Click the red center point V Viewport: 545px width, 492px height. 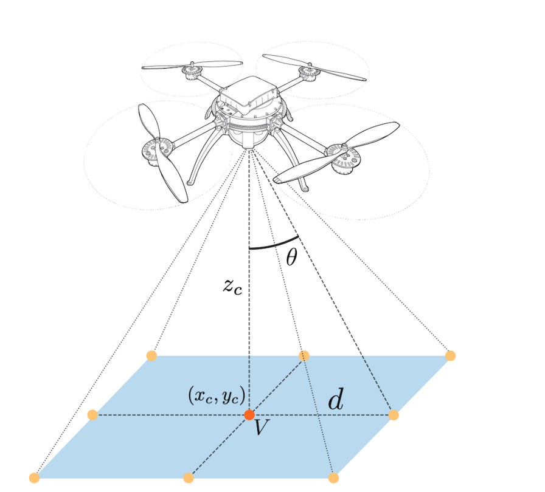click(x=249, y=415)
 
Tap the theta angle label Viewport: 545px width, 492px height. click(x=292, y=258)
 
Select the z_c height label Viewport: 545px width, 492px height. click(x=232, y=287)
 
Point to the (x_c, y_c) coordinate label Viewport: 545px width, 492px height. click(x=217, y=397)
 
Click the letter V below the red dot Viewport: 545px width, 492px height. click(x=261, y=428)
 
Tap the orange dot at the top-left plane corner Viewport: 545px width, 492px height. click(x=152, y=355)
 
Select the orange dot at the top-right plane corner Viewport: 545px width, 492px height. click(x=451, y=355)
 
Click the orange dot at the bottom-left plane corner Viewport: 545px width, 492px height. click(x=34, y=478)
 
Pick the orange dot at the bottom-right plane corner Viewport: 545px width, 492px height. click(x=333, y=478)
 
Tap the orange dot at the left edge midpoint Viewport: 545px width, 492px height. click(x=92, y=415)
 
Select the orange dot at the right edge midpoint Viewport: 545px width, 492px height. click(x=394, y=415)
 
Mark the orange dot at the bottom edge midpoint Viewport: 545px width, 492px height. click(x=189, y=478)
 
